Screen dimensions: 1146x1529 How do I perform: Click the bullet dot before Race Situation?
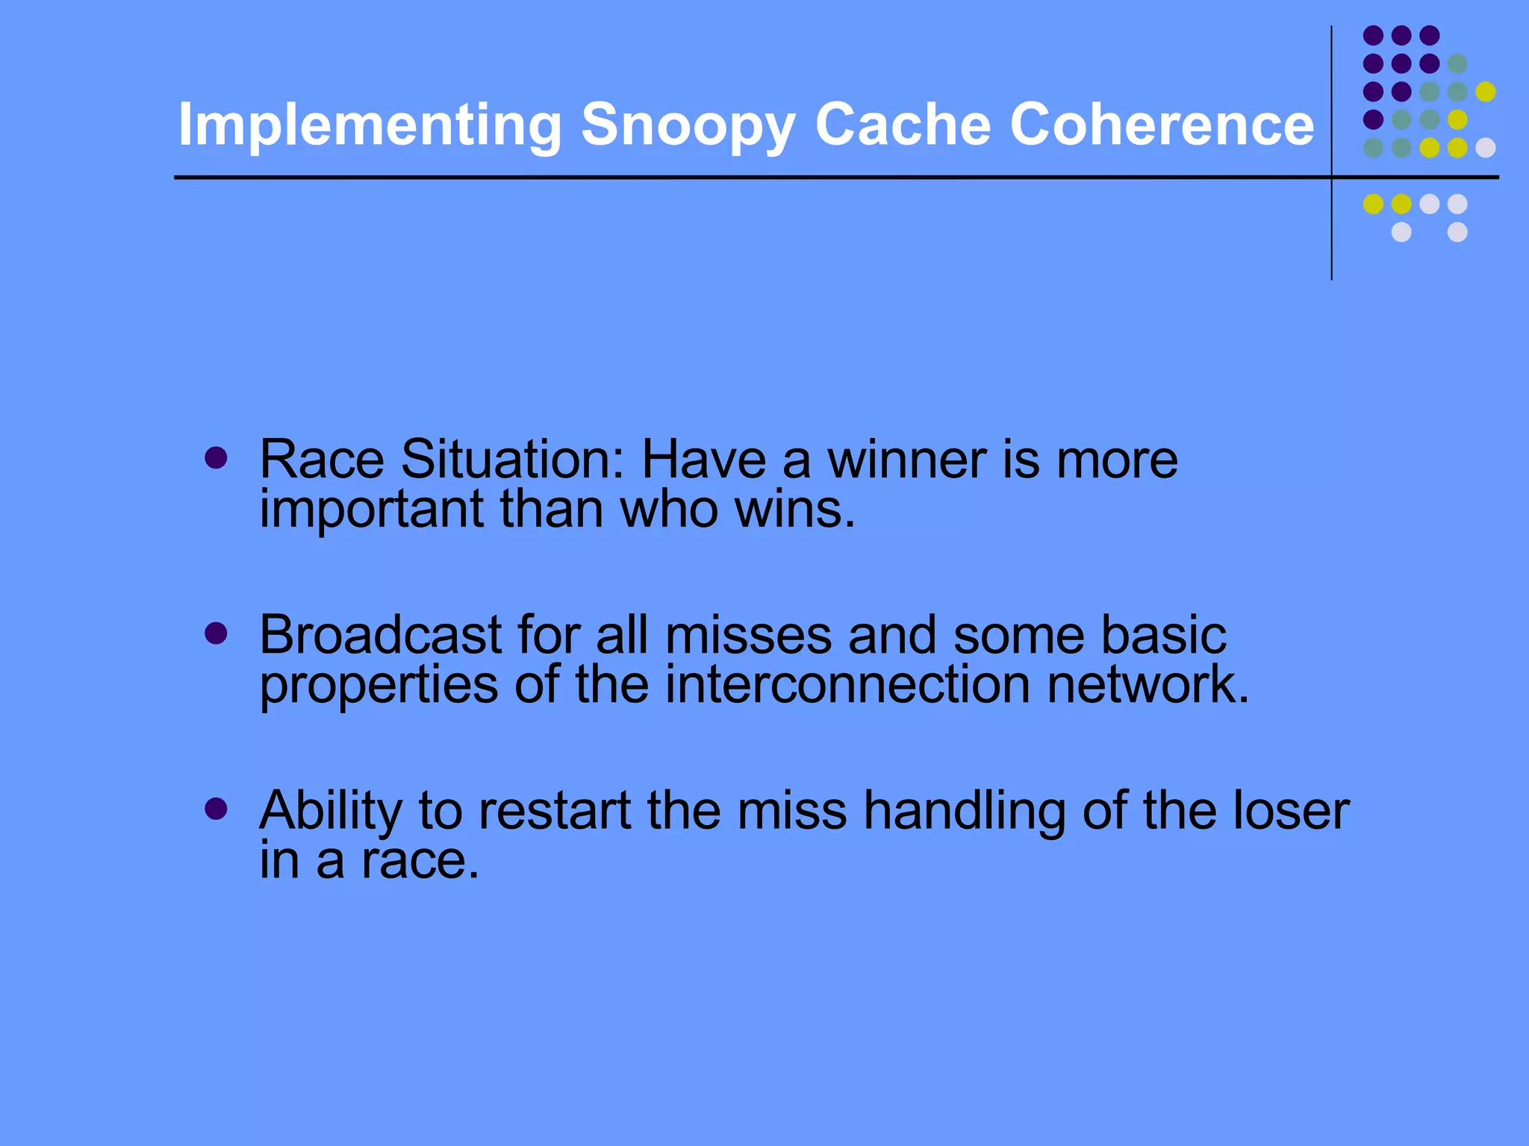point(216,458)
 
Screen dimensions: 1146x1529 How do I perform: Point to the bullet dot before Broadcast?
point(216,634)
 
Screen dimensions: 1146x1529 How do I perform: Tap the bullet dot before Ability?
point(216,810)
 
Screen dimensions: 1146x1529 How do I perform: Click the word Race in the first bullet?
point(322,460)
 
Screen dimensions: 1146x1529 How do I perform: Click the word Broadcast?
point(380,636)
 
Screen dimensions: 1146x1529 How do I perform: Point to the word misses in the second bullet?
point(747,636)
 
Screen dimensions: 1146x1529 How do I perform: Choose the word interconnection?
point(847,685)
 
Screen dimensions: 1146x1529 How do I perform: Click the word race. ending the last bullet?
point(420,861)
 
